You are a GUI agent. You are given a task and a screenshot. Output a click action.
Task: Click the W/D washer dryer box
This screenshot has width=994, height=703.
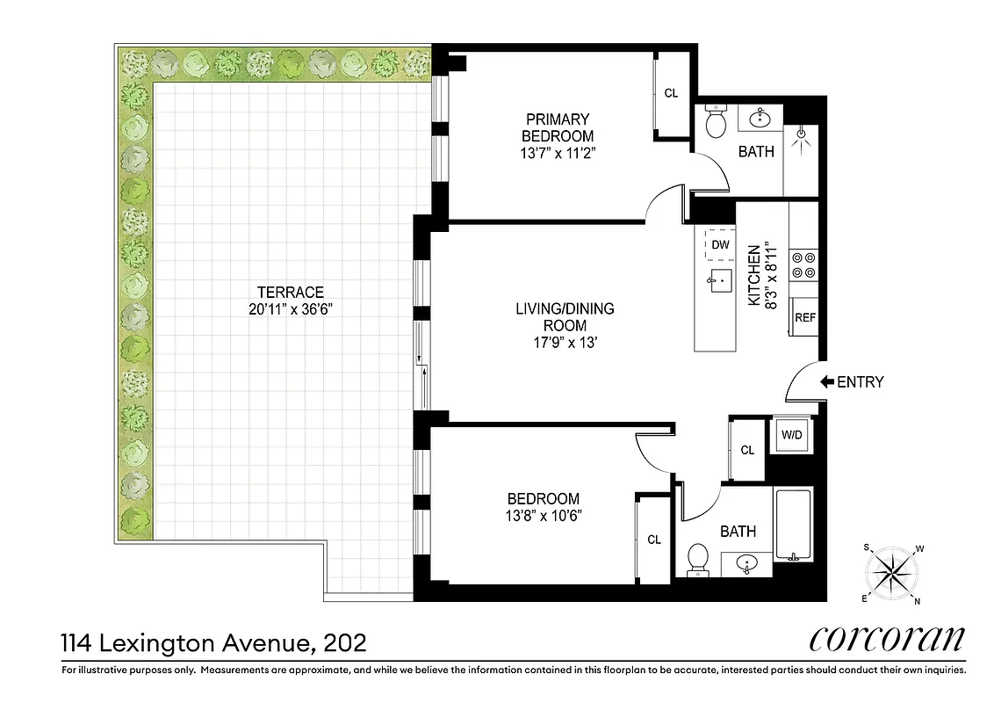(x=791, y=433)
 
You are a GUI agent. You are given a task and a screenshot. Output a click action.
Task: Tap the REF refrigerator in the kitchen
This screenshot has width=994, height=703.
(x=804, y=317)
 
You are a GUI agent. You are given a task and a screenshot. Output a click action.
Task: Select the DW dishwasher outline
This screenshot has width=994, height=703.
(x=720, y=244)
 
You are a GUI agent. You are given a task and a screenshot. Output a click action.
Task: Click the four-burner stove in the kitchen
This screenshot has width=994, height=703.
(x=803, y=265)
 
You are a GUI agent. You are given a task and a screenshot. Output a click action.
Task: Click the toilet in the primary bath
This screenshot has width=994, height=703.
(x=717, y=122)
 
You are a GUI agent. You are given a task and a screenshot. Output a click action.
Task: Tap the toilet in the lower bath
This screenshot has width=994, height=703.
(x=698, y=558)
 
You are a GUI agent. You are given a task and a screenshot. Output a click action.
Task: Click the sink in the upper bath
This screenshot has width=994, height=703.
(x=758, y=117)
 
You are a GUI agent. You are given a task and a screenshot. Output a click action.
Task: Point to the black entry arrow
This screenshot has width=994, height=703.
(x=827, y=382)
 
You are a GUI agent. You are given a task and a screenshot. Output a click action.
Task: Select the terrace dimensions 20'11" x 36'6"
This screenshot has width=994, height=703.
(x=291, y=308)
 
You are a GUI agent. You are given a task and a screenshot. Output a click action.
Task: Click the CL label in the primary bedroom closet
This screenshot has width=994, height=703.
(x=671, y=93)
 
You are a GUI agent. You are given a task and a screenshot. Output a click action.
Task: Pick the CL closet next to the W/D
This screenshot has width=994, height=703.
(x=747, y=450)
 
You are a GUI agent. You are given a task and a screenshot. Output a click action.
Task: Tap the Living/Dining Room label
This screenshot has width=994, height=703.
(x=564, y=317)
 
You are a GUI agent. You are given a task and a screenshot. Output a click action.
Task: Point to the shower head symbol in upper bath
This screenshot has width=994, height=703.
(x=801, y=134)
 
